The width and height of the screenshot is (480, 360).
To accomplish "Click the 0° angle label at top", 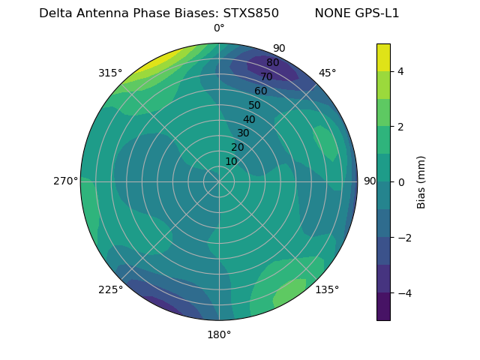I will (x=219, y=28).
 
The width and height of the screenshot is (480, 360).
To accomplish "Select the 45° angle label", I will (x=328, y=73).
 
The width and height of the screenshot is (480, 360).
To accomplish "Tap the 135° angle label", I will (x=327, y=289).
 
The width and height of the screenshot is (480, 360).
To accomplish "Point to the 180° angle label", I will (x=219, y=334).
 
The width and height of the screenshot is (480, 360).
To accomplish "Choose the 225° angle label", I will (x=110, y=290).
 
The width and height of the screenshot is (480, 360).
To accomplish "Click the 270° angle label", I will (x=65, y=181).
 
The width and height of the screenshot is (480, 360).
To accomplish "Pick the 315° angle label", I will (x=110, y=73).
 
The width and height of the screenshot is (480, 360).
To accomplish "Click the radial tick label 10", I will (x=231, y=161).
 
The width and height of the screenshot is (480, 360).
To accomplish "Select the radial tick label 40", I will (x=249, y=119).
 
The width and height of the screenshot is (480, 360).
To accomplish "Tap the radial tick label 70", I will (x=266, y=77).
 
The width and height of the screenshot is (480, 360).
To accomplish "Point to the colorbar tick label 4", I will (x=401, y=71).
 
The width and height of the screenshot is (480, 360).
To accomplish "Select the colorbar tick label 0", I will (x=401, y=182).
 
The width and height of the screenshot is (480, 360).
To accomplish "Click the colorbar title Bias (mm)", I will (x=421, y=182).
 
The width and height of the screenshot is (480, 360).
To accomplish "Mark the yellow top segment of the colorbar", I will (x=383, y=57).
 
